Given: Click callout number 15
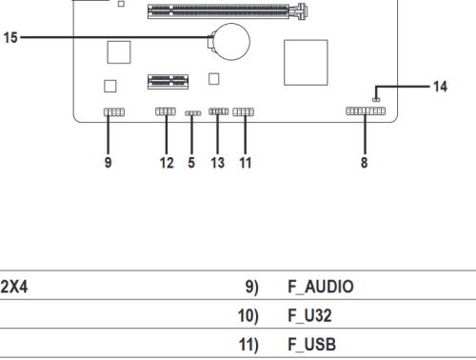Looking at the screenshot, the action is [10, 37].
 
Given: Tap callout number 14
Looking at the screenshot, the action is [440, 87].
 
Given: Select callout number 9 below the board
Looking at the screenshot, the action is [109, 163].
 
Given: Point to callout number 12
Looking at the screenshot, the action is [167, 163].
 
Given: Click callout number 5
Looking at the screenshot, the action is [191, 163].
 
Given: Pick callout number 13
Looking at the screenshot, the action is [218, 163].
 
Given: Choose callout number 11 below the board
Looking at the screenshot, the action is [246, 163].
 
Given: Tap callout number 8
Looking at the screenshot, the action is [365, 163].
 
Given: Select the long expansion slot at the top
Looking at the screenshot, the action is [227, 11].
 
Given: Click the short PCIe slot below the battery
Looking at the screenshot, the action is [169, 82].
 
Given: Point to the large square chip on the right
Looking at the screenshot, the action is [306, 63].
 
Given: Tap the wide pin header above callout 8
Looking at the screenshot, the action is [366, 111].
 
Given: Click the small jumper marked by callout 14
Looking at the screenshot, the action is [376, 100].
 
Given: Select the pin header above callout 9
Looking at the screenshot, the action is [114, 112].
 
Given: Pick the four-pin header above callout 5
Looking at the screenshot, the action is [193, 113].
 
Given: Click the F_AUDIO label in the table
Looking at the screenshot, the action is [321, 287].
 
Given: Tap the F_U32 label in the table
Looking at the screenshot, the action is [309, 315].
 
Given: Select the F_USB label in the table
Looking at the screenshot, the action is [311, 345].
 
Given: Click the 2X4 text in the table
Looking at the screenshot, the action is [14, 287].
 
